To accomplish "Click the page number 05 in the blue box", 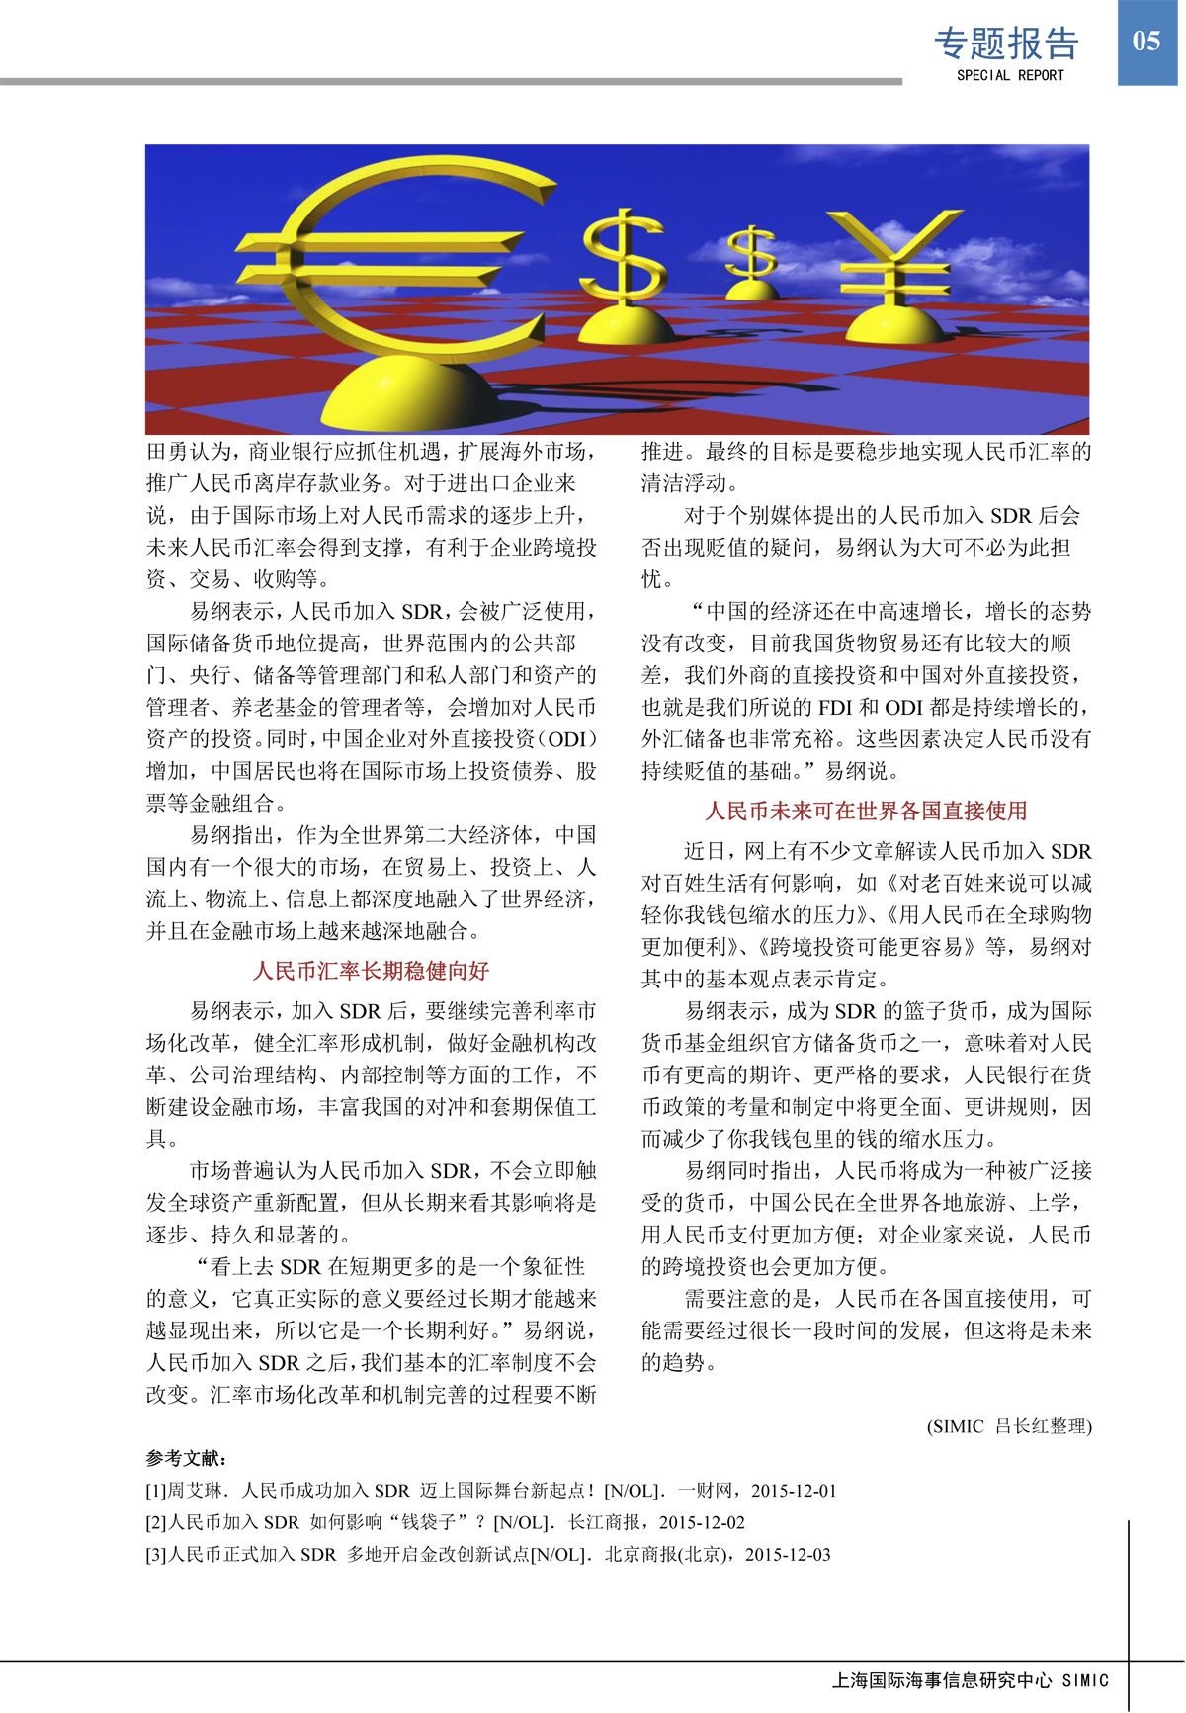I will click(1145, 42).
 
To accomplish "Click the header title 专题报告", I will click(1006, 43).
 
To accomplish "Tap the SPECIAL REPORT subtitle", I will click(1010, 75).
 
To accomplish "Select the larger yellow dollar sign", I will click(623, 257).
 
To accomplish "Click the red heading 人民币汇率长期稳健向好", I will click(372, 971).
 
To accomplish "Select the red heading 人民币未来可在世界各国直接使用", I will click(866, 812).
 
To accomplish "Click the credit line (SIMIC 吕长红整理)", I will click(1009, 1426).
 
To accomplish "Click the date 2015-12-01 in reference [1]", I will click(794, 1491).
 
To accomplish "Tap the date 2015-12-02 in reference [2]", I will click(702, 1522).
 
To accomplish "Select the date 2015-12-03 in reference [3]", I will click(788, 1554).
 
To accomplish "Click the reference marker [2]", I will click(156, 1522).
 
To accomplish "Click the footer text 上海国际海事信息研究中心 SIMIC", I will click(970, 1680).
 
